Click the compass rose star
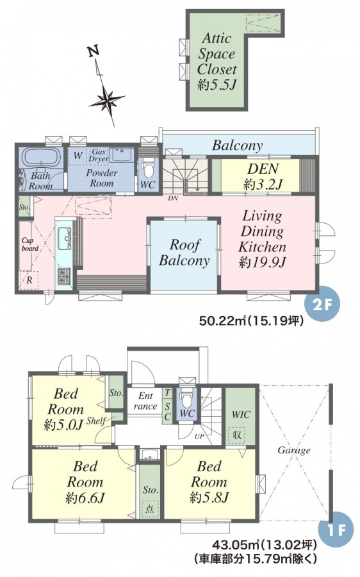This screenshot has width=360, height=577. coord(106,99)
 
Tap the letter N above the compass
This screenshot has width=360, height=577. coord(94,53)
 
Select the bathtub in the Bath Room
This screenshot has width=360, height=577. coord(42,158)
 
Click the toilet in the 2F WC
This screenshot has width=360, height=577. coord(149,169)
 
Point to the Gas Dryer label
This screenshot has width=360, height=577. coord(99,155)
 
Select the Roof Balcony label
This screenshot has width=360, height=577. coord(184,253)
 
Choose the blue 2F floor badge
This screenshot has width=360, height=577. coord(322,305)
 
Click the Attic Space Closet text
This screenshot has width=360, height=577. coord(217,54)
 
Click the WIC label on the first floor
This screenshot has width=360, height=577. coord(241,415)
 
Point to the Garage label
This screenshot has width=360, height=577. coord(294,451)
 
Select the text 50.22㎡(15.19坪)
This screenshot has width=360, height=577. coord(252,322)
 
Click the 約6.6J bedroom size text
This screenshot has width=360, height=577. coord(85,498)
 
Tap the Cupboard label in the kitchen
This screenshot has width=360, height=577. coord(29,244)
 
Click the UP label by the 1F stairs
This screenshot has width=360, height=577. coord(200,437)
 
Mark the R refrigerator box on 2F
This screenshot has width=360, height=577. coord(29,280)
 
